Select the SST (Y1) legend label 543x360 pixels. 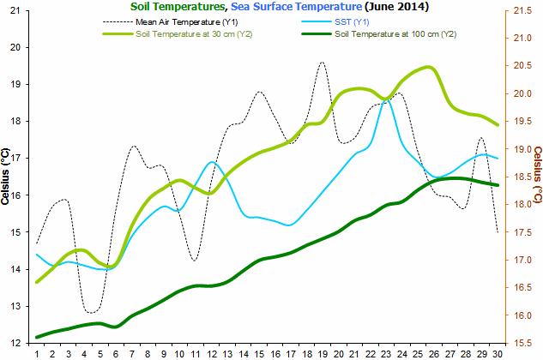[x=352, y=22]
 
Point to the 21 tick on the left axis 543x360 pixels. [x=15, y=11]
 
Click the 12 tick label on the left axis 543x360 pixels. [x=15, y=344]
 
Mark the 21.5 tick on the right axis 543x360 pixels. [x=523, y=11]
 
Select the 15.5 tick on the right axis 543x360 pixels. [x=523, y=344]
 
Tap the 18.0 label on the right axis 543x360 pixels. [x=523, y=205]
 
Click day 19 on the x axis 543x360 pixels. [x=323, y=354]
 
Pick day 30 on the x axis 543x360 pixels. [x=498, y=354]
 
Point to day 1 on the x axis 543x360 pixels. [x=37, y=354]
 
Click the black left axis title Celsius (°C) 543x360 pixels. [x=5, y=177]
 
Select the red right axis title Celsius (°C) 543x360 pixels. [x=538, y=175]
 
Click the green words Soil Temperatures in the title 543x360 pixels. [x=178, y=6]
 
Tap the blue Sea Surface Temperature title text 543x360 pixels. [x=297, y=6]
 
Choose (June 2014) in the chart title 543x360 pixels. [x=396, y=6]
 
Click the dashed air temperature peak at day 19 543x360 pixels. [x=322, y=62]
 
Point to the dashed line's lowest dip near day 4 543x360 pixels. [x=91, y=313]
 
